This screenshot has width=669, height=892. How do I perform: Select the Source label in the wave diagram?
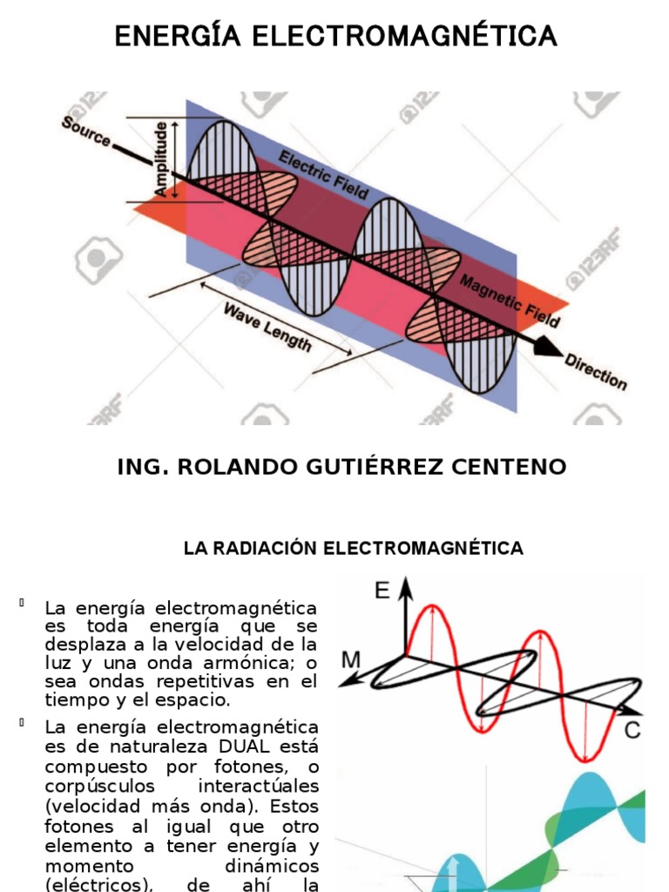[x=86, y=132]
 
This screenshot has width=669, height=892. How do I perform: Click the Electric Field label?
[x=324, y=173]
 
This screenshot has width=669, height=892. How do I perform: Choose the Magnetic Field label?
[x=510, y=301]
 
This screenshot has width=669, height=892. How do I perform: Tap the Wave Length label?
[x=267, y=327]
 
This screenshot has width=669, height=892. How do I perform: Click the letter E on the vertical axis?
[x=382, y=591]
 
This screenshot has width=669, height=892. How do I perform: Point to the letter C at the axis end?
[x=632, y=730]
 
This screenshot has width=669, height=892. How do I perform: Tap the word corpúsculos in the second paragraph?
[x=91, y=787]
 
